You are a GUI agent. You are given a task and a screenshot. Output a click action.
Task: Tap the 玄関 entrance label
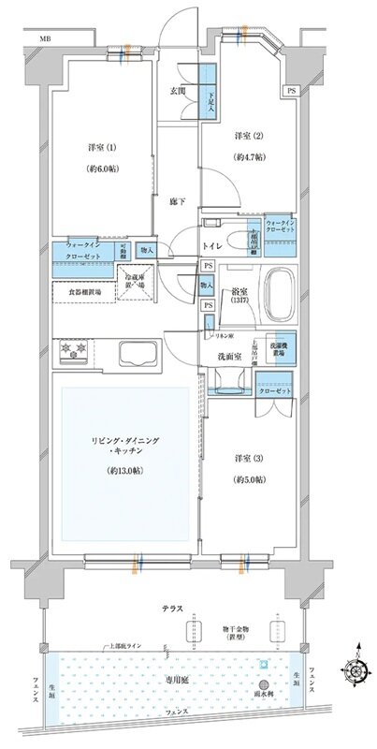(178, 90)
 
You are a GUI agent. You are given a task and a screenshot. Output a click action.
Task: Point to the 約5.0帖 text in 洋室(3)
(245, 478)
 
